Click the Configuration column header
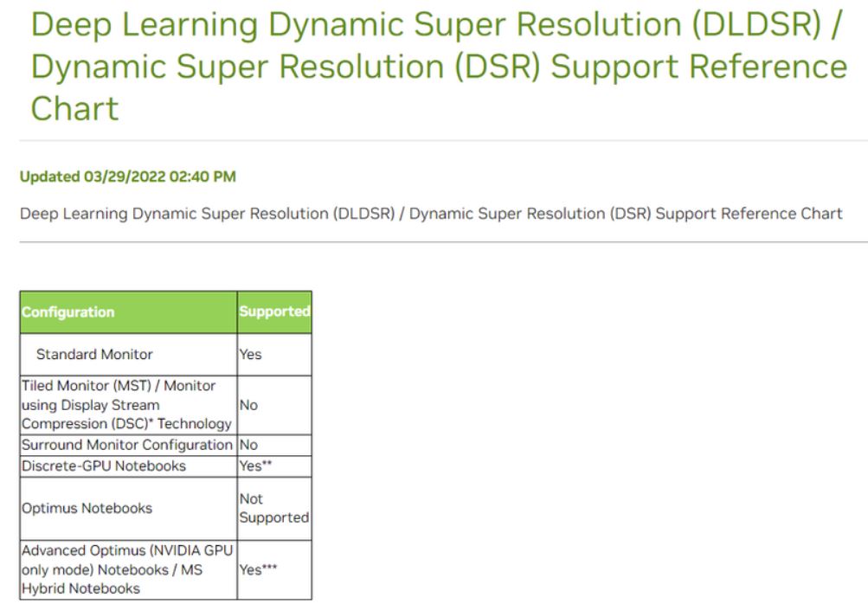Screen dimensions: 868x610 (68, 312)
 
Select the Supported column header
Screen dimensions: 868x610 (274, 311)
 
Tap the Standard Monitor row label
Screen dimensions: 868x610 (94, 354)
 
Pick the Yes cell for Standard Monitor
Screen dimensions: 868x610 (250, 354)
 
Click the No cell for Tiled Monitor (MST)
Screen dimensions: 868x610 (248, 405)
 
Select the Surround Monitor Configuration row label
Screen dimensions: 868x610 (126, 445)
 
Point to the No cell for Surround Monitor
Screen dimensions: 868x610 (248, 445)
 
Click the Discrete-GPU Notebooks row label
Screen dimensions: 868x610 (104, 466)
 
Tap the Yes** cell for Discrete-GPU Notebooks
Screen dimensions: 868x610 (255, 466)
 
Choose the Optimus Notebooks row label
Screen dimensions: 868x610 (87, 508)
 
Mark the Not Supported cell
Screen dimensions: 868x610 (274, 508)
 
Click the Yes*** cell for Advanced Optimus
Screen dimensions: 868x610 (258, 569)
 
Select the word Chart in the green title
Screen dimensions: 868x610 (74, 108)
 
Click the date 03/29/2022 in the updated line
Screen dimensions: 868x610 (125, 177)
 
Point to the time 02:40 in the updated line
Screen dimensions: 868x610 (187, 177)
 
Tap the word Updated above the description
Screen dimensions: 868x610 (50, 177)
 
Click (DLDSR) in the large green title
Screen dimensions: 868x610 (756, 25)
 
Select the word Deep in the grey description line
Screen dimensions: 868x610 (39, 215)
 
